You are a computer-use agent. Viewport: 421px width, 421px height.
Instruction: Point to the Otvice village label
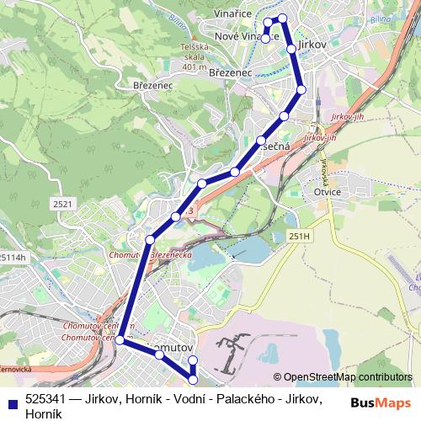click(326, 191)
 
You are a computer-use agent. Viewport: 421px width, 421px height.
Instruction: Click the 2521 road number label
click(62, 204)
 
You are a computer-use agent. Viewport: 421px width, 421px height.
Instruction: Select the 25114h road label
click(13, 258)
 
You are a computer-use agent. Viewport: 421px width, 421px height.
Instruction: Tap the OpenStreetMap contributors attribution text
click(348, 377)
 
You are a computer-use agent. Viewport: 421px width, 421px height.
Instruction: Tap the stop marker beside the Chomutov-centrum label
click(120, 340)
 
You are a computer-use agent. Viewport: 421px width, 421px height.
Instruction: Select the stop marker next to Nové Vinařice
click(265, 39)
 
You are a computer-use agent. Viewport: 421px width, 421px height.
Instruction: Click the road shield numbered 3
click(191, 210)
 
